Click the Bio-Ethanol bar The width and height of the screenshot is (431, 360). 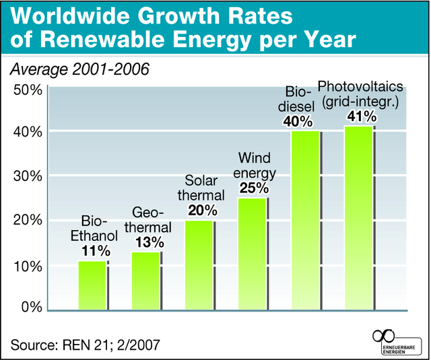(92, 285)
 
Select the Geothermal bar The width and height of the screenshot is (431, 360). (145, 281)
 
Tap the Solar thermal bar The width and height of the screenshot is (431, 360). (199, 265)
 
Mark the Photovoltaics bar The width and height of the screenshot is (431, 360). (358, 218)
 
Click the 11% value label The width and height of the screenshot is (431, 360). (95, 251)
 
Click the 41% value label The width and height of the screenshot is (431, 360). (360, 116)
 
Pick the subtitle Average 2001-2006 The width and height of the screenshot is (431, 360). (77, 69)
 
